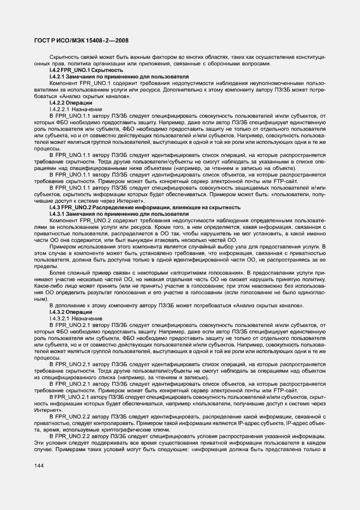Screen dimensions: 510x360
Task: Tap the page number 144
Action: tap(39, 465)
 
